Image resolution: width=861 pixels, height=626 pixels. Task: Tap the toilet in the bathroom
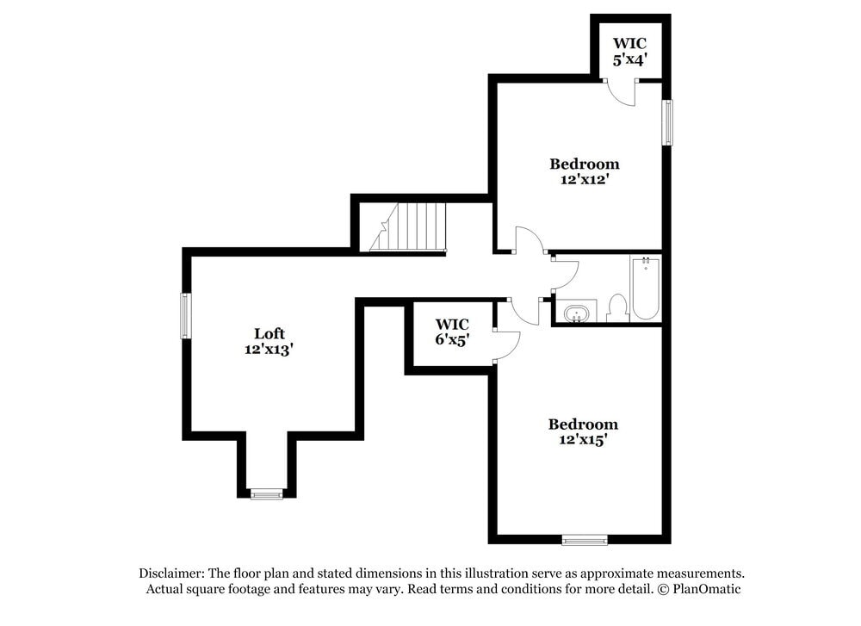pyautogui.click(x=617, y=307)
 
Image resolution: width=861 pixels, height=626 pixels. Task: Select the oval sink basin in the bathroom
pyautogui.click(x=575, y=312)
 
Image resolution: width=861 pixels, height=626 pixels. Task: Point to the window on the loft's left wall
pyautogui.click(x=184, y=315)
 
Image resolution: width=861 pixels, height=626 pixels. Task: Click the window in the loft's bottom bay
pyautogui.click(x=266, y=494)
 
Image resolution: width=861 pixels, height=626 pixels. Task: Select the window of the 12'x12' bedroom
pyautogui.click(x=666, y=122)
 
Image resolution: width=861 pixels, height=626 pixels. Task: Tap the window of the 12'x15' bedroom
pyautogui.click(x=585, y=540)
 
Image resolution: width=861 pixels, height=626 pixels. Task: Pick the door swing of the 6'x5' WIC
pyautogui.click(x=508, y=342)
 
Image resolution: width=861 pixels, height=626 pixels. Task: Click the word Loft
pyautogui.click(x=269, y=333)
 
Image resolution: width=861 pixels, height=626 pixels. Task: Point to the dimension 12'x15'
pyautogui.click(x=583, y=440)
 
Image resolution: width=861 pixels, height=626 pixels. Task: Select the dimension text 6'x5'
pyautogui.click(x=451, y=339)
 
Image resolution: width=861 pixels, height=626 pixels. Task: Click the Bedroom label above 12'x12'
pyautogui.click(x=585, y=164)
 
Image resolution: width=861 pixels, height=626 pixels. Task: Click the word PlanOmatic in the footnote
pyautogui.click(x=707, y=589)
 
